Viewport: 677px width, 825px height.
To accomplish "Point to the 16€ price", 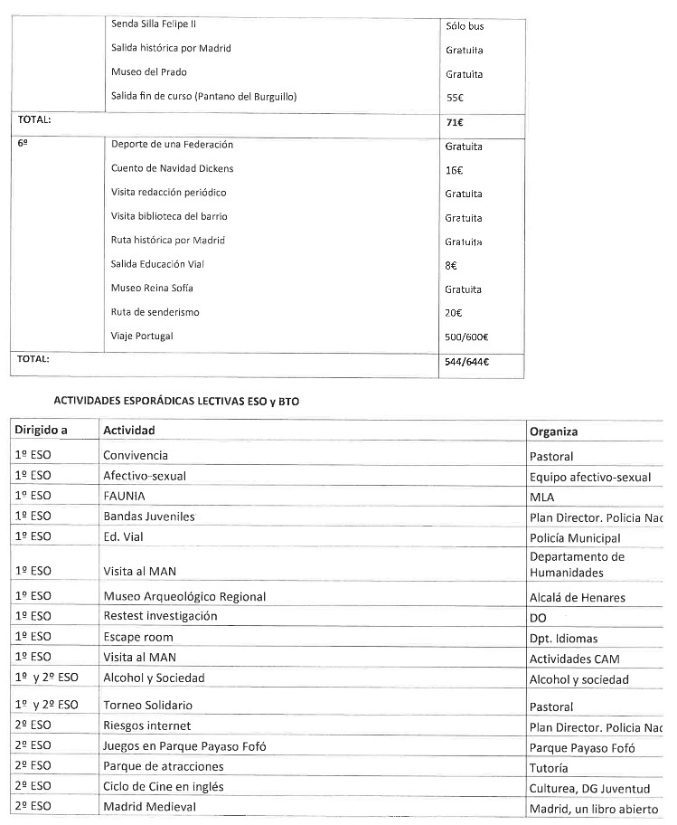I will click(454, 170).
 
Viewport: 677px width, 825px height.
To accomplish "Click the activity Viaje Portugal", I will click(142, 336).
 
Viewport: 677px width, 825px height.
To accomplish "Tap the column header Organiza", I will click(553, 431).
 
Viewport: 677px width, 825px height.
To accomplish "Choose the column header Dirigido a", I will click(42, 431).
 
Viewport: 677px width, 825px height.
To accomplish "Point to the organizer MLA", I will click(542, 497).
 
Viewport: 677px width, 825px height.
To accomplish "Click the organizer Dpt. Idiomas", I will click(564, 638).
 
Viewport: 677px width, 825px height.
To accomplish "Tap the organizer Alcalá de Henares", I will click(577, 597).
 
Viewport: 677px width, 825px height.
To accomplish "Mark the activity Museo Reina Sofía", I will click(152, 288).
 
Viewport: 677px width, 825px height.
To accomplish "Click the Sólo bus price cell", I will click(465, 26).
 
